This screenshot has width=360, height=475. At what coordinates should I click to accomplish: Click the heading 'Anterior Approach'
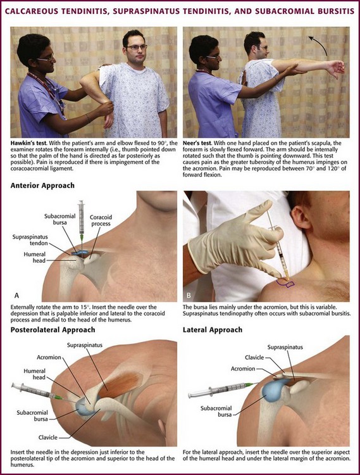[42, 186]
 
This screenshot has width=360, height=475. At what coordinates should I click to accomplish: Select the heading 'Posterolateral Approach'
[53, 329]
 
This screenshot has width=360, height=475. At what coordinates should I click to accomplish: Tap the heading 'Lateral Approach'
[213, 329]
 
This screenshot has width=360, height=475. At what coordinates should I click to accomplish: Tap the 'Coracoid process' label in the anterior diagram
[101, 220]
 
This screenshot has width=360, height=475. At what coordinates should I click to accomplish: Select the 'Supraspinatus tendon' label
[30, 240]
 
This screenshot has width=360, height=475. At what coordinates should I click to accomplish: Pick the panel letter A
[16, 295]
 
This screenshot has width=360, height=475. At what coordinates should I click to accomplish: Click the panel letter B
[189, 295]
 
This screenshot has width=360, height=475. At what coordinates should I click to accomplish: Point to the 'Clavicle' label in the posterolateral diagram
[48, 437]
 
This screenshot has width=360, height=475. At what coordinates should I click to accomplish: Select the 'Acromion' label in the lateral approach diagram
[243, 369]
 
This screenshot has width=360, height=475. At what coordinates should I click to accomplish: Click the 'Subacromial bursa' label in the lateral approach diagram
[216, 411]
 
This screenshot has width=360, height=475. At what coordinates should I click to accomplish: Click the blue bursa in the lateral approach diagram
[271, 391]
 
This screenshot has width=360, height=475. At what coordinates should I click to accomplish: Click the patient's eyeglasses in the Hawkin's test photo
[136, 47]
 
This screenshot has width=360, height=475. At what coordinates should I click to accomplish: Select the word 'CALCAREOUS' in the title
[32, 11]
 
